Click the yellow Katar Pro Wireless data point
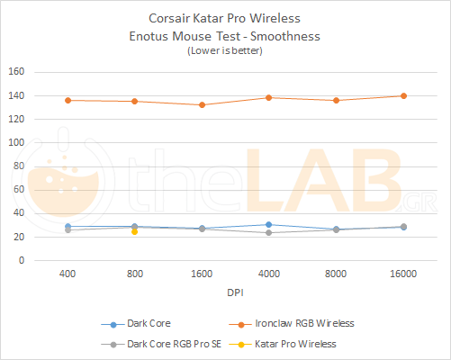pos(134,231)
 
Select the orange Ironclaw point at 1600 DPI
pos(202,104)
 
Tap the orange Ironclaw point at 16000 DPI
pos(403,95)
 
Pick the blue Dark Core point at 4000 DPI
pos(269,224)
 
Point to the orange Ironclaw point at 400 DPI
pos(68,100)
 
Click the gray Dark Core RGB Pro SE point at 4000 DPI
pos(269,233)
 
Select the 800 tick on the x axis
pos(134,273)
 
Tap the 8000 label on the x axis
pos(336,273)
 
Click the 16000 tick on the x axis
pos(403,273)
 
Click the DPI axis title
pos(235,292)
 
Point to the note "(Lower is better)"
pos(225,52)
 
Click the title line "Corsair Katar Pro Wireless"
pos(225,18)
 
